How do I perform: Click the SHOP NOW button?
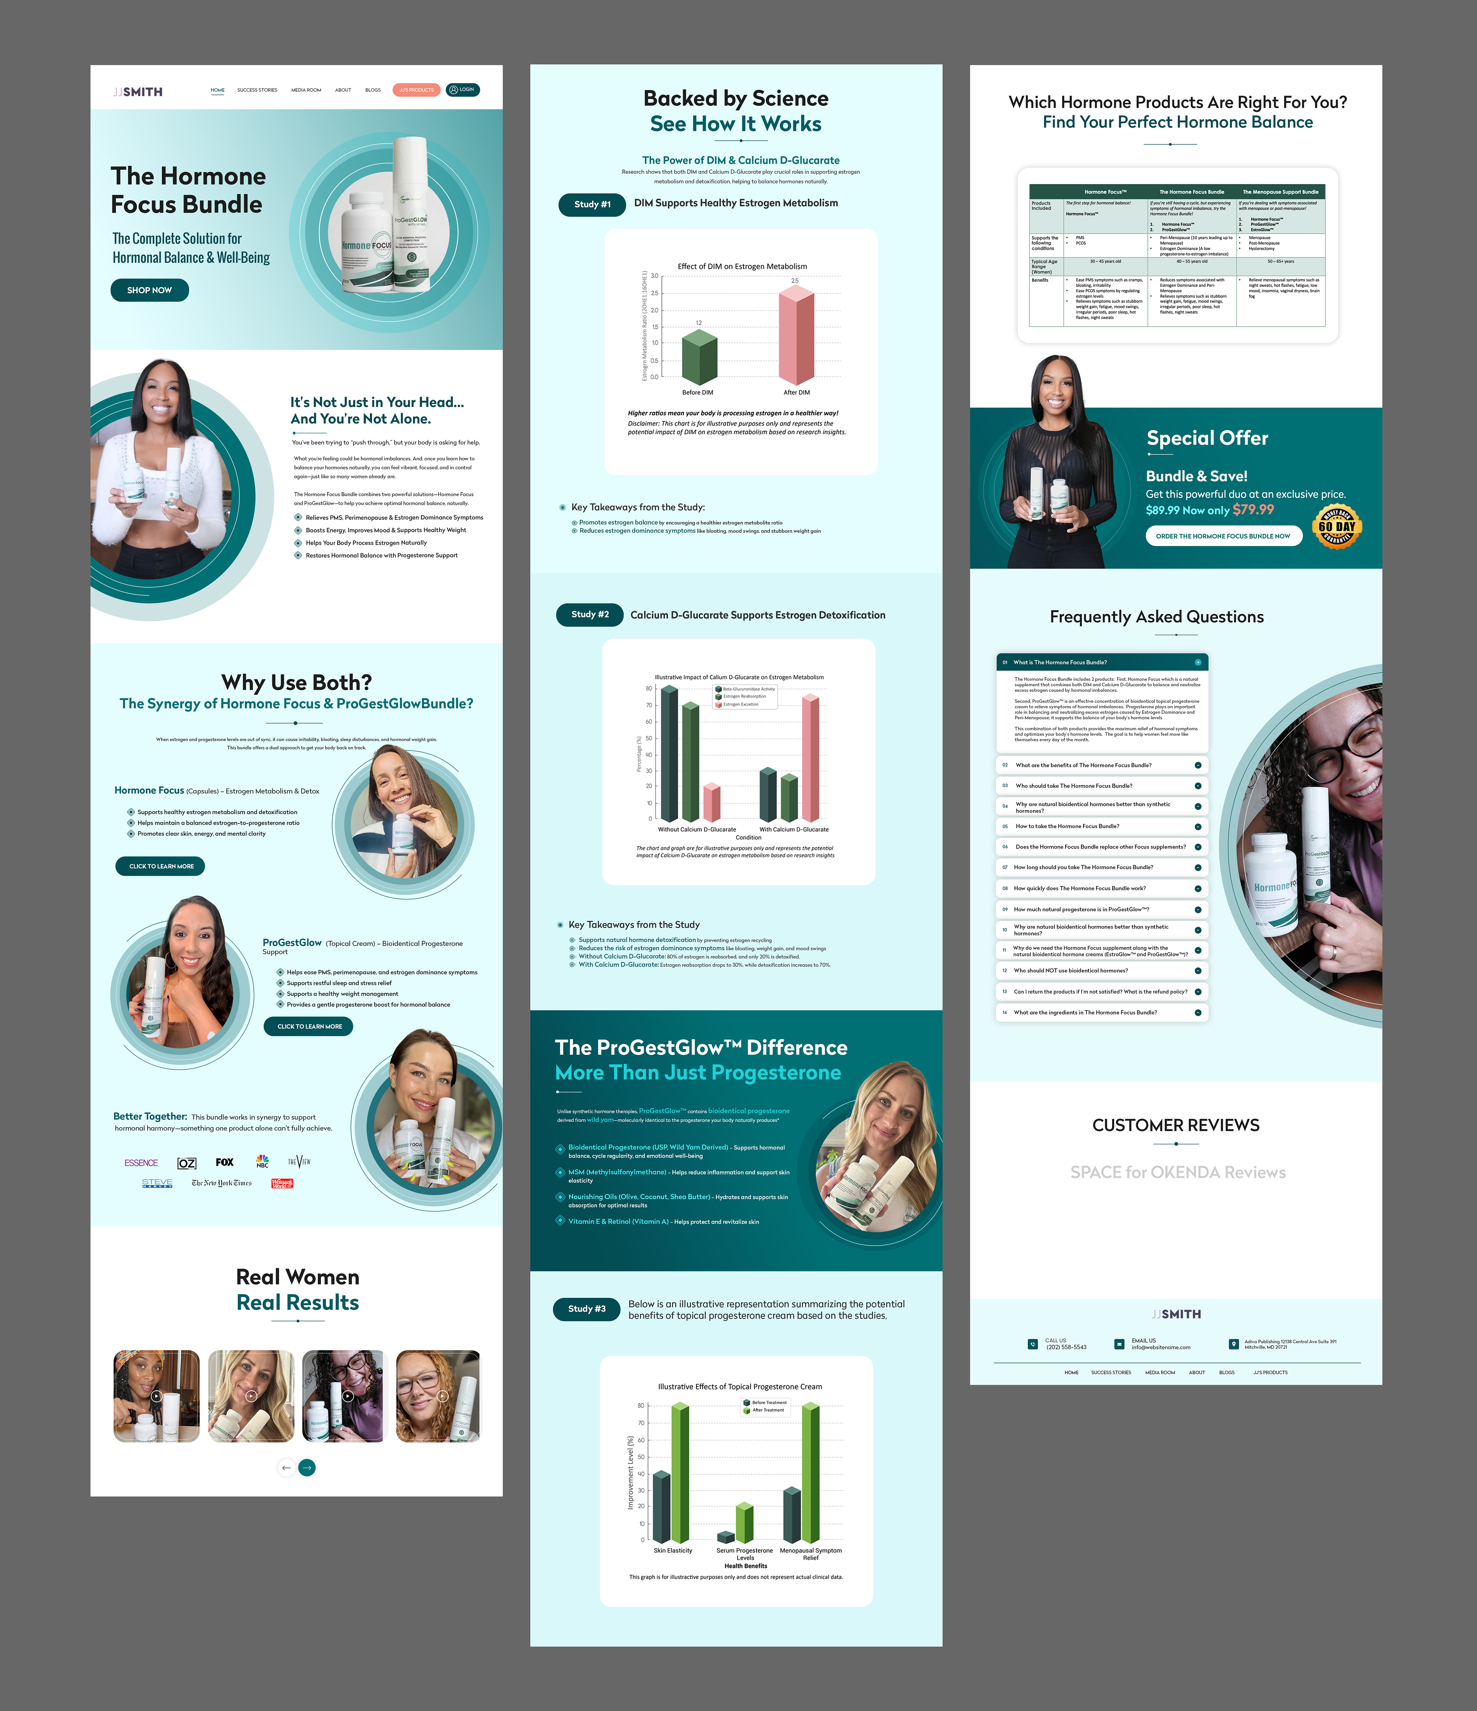[x=149, y=290]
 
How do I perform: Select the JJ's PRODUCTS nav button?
[x=416, y=90]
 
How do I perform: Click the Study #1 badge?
[x=592, y=204]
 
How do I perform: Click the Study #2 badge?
[x=589, y=614]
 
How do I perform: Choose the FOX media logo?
[x=225, y=1162]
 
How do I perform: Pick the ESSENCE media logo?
[x=141, y=1163]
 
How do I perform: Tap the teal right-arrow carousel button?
[x=307, y=1467]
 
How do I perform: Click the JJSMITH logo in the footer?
[x=1176, y=1314]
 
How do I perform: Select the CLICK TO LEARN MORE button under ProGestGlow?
[x=309, y=1027]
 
